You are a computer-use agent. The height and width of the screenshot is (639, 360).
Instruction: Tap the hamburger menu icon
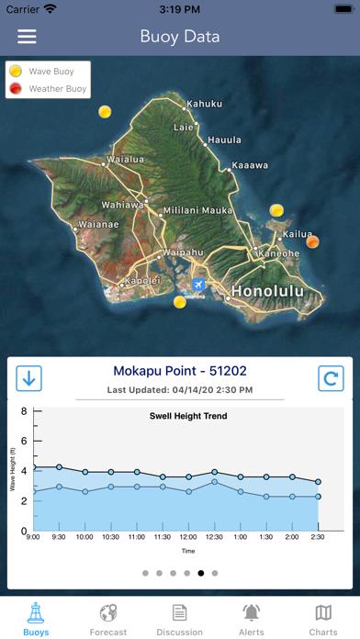tap(28, 37)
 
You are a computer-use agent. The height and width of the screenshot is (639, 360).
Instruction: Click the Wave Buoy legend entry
tap(48, 71)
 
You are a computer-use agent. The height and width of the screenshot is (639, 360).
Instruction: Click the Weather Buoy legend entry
tap(48, 89)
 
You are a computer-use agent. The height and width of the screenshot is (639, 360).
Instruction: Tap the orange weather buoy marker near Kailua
tap(312, 242)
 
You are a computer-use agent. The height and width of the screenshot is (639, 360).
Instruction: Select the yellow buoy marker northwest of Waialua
tap(105, 112)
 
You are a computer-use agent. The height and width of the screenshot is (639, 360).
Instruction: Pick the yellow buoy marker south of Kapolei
tap(180, 302)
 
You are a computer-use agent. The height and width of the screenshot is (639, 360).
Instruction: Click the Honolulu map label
tap(265, 291)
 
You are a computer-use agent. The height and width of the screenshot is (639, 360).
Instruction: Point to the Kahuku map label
tap(204, 104)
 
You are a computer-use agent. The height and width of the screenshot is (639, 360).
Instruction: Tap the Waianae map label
tap(98, 223)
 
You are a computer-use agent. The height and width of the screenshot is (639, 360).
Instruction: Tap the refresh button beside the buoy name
tap(331, 377)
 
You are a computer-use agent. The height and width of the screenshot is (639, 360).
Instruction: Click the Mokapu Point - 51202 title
tap(179, 372)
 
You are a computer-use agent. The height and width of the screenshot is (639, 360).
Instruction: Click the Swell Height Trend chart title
tap(188, 416)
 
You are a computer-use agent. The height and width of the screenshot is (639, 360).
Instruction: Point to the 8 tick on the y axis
tap(24, 411)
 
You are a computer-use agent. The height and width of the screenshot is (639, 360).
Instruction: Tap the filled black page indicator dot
tap(200, 573)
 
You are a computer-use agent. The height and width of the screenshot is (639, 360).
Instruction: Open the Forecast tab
tap(108, 620)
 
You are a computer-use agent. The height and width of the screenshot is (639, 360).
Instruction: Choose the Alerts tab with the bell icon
tap(251, 620)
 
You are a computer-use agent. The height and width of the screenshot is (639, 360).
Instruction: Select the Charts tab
tap(323, 620)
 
